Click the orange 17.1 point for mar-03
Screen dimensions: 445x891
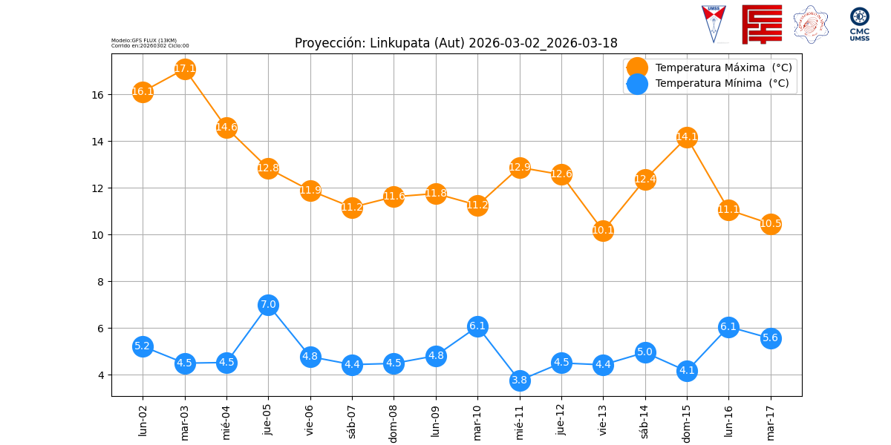[x=185, y=69]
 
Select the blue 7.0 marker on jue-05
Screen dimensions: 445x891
[x=268, y=305]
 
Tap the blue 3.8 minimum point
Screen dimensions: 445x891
[x=520, y=380]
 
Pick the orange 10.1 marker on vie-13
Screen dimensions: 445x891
[x=603, y=231]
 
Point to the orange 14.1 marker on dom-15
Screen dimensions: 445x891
[x=687, y=137]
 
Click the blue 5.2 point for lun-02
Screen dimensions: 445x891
[x=143, y=346]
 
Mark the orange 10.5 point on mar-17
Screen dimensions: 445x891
[x=771, y=224]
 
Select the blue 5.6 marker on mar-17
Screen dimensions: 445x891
[x=771, y=338]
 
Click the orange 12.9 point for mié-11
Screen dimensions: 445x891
[x=520, y=168]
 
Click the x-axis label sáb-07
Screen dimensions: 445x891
[x=352, y=419]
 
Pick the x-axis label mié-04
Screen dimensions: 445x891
[x=226, y=420]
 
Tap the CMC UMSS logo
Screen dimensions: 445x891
[x=860, y=24]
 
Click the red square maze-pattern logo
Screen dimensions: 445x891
[x=762, y=24]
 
